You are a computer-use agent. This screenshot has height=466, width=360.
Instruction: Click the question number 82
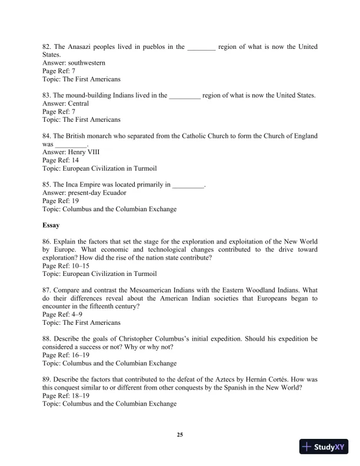coord(46,46)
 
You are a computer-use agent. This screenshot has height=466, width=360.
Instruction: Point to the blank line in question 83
coord(185,96)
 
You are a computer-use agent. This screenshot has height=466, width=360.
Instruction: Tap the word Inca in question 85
coord(72,184)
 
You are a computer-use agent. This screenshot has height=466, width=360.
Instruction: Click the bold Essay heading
coord(51,225)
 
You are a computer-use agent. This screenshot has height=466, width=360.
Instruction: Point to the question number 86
coord(46,241)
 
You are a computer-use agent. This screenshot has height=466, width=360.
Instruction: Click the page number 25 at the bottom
coord(180,435)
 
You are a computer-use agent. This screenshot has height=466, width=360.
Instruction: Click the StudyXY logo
coord(324,447)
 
